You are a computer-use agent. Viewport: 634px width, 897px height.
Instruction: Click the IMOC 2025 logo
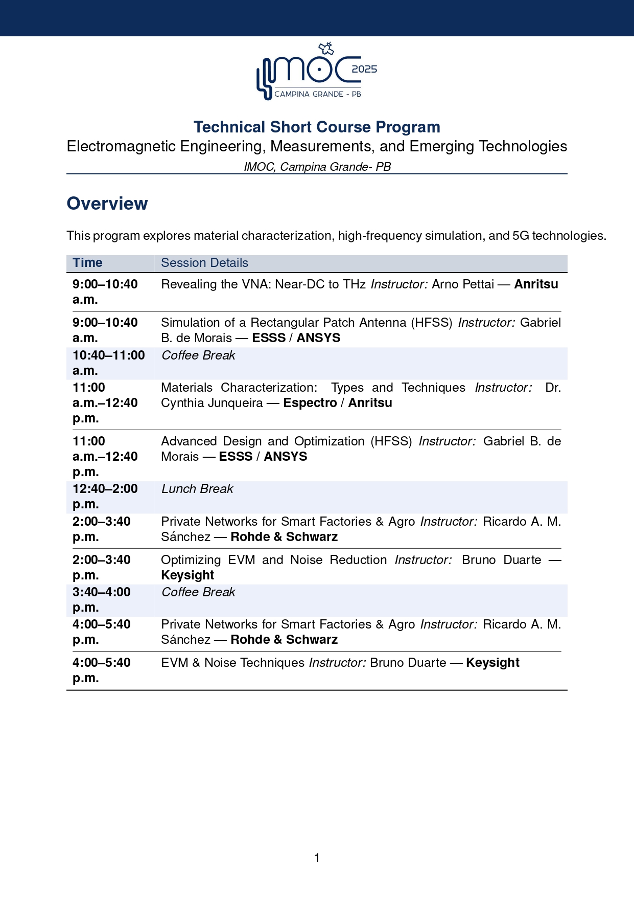(317, 72)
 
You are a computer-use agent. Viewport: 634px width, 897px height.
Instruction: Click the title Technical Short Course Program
(317, 127)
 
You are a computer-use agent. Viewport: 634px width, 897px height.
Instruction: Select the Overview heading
(107, 204)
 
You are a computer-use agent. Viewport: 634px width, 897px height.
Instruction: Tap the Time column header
(87, 263)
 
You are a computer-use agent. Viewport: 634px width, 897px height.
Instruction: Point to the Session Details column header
(204, 263)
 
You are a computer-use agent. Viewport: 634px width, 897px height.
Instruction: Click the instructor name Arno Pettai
(463, 284)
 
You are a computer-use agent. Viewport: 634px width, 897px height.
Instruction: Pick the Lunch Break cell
(197, 489)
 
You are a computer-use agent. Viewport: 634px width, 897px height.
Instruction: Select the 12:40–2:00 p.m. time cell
(105, 496)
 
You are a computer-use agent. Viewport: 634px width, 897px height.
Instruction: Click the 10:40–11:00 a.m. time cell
(108, 363)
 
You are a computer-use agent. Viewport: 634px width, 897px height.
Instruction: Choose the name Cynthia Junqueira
(212, 403)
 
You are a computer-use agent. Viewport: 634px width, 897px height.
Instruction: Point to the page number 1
(317, 858)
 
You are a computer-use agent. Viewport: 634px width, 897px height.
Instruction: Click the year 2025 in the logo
(364, 69)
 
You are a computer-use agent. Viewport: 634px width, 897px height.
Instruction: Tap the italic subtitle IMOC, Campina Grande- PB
(317, 167)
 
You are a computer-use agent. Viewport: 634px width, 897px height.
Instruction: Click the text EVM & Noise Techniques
(232, 663)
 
